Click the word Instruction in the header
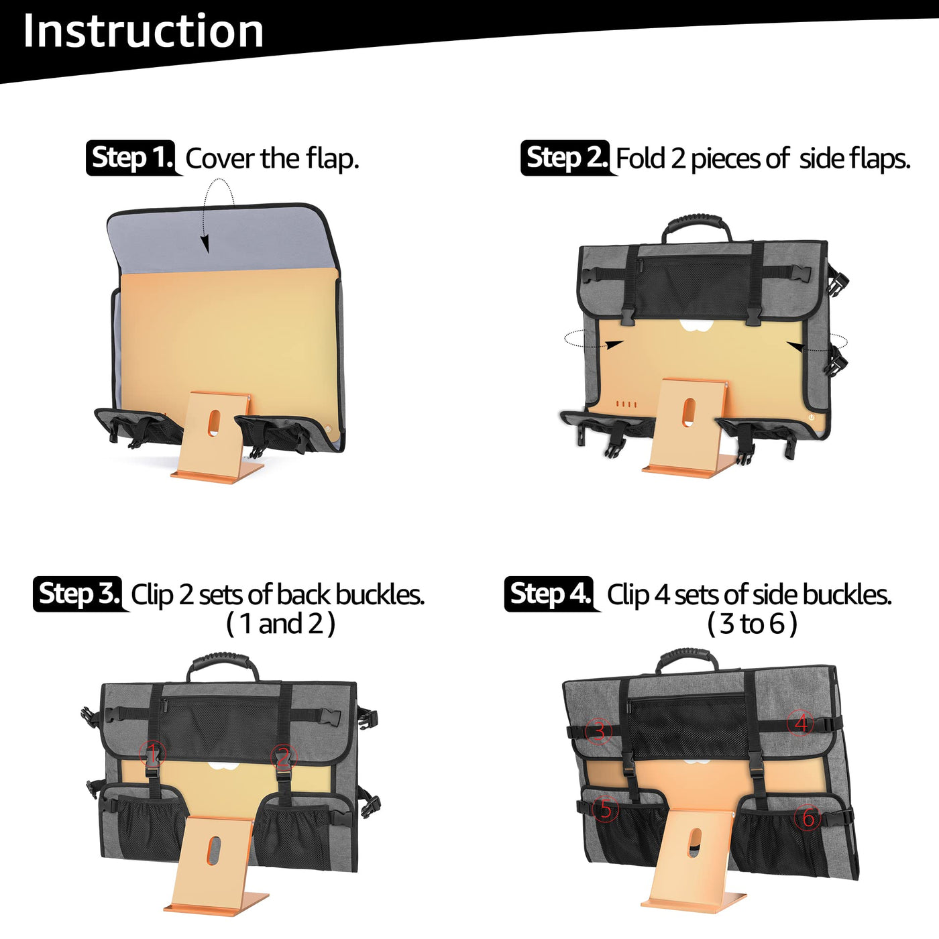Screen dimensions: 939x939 point(144,31)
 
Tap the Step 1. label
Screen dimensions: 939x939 point(131,158)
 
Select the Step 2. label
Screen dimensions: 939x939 point(565,158)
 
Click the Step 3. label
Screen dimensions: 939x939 point(77,594)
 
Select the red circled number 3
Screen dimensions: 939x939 point(599,731)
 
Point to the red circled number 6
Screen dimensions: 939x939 point(808,816)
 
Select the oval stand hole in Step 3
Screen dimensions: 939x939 point(213,850)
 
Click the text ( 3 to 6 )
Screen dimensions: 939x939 point(752,624)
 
